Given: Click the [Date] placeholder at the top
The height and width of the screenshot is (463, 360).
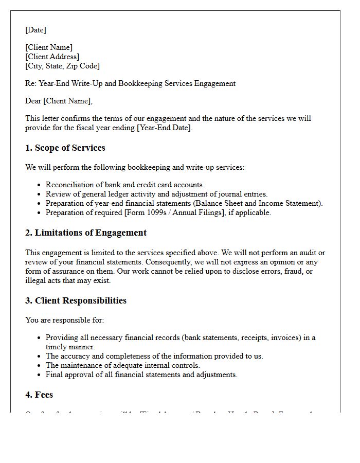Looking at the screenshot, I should click(x=35, y=30).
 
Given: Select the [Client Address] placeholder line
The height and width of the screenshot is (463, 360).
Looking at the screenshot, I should click(x=52, y=57).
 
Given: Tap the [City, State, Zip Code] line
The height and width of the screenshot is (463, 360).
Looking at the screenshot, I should click(x=62, y=66).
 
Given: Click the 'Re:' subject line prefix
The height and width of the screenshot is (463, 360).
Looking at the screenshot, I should click(x=31, y=83).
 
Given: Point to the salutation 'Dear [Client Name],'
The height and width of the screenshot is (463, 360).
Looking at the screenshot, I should click(x=59, y=101).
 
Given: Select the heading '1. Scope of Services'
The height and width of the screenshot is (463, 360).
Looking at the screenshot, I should click(x=65, y=148).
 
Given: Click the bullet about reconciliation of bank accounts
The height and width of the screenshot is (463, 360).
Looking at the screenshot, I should click(x=124, y=185).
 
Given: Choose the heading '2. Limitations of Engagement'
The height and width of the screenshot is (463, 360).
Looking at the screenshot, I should click(x=85, y=233).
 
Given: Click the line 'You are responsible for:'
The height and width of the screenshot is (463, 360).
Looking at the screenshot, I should click(x=64, y=320).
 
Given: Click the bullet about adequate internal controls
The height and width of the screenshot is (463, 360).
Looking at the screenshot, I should click(x=122, y=365).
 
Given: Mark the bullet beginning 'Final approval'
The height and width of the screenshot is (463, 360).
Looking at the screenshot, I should click(x=141, y=375).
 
